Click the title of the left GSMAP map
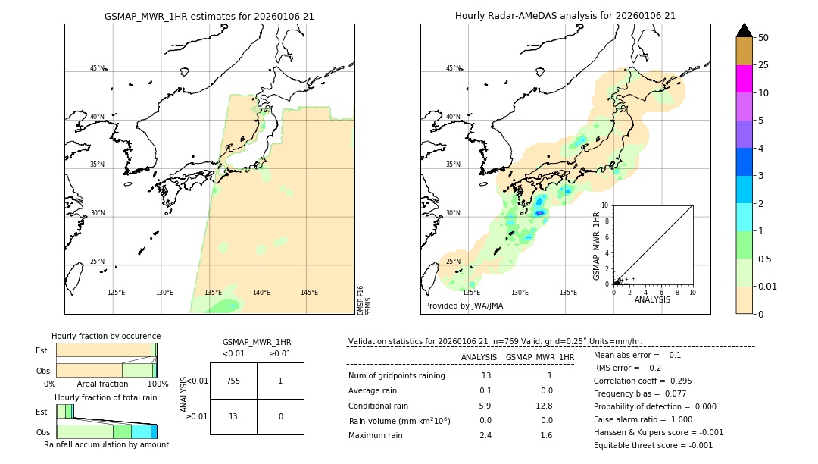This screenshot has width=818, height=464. [x=209, y=16]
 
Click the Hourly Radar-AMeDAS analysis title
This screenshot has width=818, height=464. [x=565, y=16]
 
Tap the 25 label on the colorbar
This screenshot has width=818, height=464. [x=763, y=65]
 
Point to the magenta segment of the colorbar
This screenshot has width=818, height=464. [x=744, y=79]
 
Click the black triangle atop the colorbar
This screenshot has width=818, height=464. [x=744, y=30]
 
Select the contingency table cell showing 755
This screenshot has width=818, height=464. [x=233, y=381]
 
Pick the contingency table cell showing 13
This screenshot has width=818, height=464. [x=233, y=416]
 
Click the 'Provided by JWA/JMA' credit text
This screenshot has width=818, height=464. [x=464, y=306]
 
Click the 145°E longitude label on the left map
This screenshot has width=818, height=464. [x=309, y=293]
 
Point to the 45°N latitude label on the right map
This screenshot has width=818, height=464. [x=453, y=68]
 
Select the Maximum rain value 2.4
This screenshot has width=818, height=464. [x=485, y=435]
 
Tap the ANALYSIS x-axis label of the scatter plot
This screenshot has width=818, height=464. [x=652, y=299]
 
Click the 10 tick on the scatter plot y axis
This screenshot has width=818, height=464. [x=604, y=205]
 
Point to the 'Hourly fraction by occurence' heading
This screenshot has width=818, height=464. [x=106, y=336]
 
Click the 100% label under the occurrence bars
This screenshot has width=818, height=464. [x=157, y=384]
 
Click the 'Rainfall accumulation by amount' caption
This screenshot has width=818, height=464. [x=106, y=444]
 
